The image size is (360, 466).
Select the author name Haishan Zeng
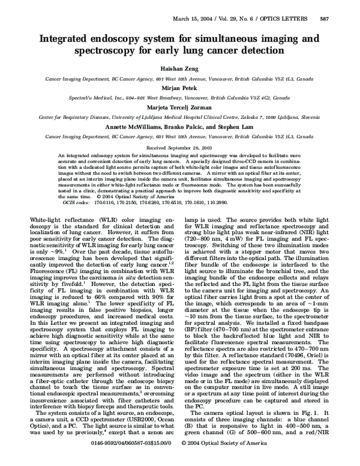pyautogui.click(x=180, y=70)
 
